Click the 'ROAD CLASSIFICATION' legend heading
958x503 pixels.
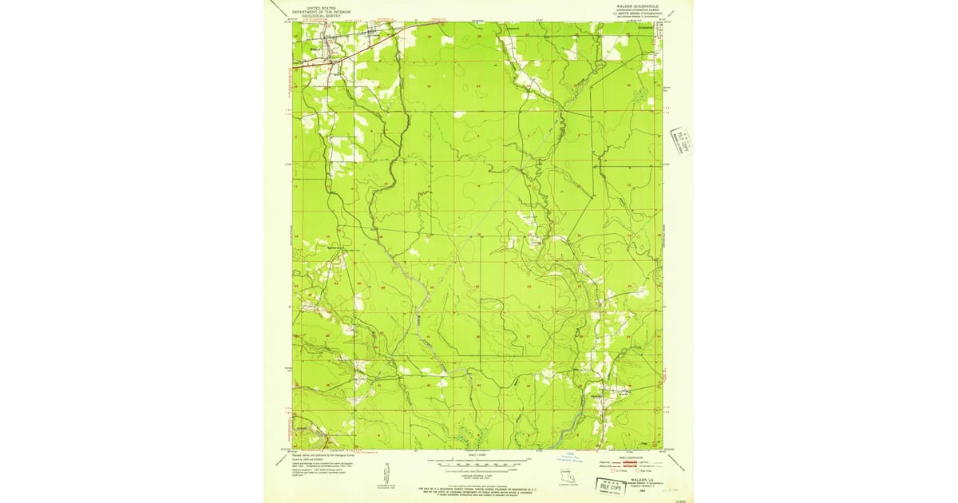tap(633, 457)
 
